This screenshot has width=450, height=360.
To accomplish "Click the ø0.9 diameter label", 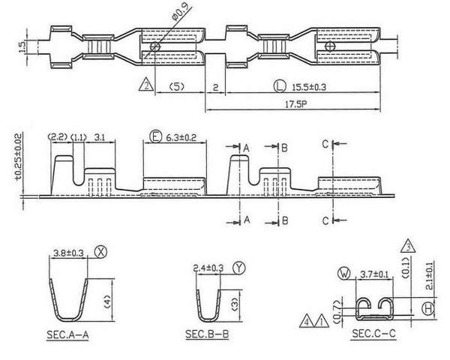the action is (182, 12).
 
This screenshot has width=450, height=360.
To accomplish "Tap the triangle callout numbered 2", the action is (146, 85).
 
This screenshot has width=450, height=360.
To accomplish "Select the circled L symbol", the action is (280, 86).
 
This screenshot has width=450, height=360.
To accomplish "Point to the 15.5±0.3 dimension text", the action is (309, 87).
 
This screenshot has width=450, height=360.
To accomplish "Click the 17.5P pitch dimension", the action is (296, 104).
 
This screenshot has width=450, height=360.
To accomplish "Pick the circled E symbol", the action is (156, 136).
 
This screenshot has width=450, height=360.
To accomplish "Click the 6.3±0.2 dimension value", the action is (181, 137).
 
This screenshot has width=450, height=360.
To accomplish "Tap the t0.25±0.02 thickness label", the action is (19, 157).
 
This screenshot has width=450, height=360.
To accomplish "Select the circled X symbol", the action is (100, 252).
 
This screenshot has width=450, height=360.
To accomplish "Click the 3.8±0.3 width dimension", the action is (68, 253).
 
